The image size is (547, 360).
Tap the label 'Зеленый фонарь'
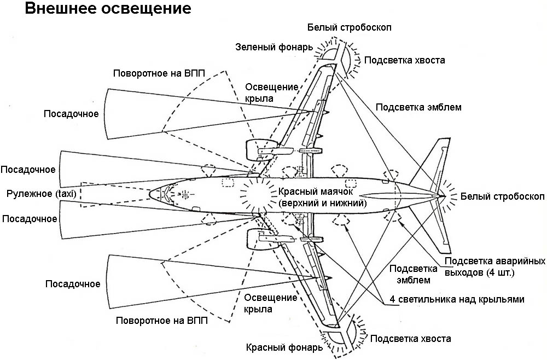274,47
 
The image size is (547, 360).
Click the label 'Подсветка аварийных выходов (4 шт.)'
495,266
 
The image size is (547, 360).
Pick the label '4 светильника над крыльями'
457,299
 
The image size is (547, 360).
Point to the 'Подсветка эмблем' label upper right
418,107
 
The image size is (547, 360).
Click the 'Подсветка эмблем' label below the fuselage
413,274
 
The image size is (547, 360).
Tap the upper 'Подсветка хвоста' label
404,60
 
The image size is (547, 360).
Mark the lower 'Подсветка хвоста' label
411,339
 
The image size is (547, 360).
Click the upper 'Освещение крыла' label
271,92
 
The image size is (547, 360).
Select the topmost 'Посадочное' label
72,114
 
